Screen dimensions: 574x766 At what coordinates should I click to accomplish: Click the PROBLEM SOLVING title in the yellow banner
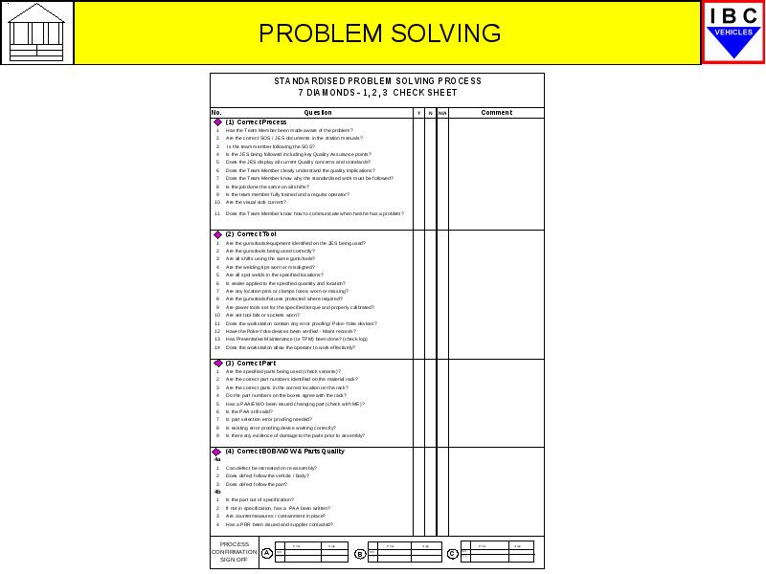(379, 33)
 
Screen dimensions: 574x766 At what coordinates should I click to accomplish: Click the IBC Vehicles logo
(733, 33)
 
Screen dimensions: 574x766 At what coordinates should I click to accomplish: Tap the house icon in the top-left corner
(37, 33)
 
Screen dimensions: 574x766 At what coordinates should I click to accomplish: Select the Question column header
(317, 113)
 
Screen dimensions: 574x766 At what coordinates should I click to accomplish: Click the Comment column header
(496, 113)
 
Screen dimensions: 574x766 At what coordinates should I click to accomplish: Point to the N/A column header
(442, 113)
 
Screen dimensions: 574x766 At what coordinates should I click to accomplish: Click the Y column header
(418, 113)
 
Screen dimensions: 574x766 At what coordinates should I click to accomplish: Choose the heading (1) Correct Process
(256, 122)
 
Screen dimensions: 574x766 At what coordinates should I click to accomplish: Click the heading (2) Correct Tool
(251, 234)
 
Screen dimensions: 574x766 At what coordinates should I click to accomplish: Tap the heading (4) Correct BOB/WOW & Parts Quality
(284, 452)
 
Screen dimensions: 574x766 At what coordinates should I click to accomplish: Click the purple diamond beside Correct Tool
(217, 234)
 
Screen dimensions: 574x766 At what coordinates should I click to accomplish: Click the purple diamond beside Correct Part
(217, 364)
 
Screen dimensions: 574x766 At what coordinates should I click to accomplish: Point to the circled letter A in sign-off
(267, 553)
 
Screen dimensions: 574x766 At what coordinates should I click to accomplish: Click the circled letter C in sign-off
(452, 553)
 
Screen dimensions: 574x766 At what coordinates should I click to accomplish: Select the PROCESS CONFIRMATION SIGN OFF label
(235, 552)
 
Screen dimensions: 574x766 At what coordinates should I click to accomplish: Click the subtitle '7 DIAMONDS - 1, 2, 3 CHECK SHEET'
(377, 93)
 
